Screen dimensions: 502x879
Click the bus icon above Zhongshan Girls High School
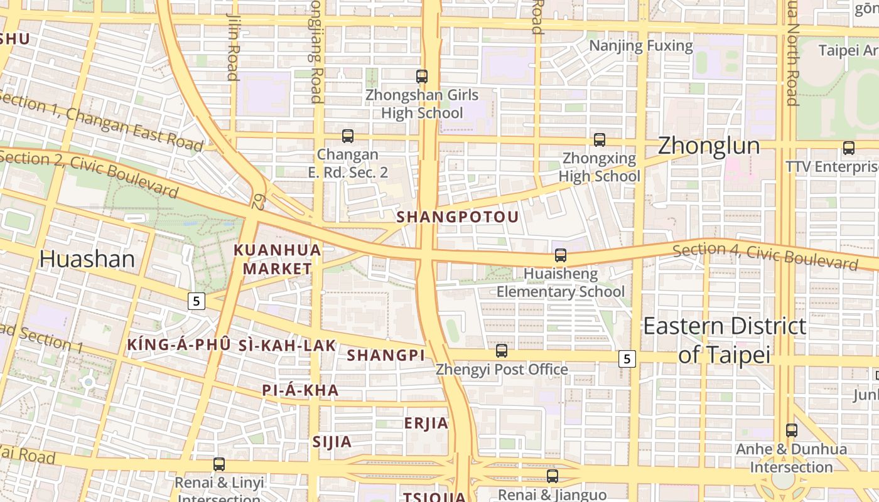422,77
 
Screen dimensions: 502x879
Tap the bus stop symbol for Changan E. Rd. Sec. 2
348,136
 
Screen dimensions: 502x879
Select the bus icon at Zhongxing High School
600,139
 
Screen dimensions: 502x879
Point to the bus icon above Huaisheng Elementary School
561,255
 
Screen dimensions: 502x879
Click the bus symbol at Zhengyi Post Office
502,350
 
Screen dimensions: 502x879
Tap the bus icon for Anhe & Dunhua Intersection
792,430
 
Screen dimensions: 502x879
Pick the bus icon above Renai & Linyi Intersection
219,464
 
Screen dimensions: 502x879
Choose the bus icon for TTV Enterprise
849,148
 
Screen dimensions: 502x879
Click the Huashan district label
87,259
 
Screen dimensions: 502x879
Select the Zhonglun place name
709,146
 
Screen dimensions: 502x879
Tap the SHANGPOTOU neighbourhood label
458,217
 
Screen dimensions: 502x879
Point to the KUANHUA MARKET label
278,259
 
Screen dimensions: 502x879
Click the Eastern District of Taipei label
725,340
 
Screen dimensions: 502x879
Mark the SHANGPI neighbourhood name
386,355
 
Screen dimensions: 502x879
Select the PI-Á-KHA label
300,390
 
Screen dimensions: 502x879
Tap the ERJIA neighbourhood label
426,423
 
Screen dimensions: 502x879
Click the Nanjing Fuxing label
641,46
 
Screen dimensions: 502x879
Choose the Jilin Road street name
233,47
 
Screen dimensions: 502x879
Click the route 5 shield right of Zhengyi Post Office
627,359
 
